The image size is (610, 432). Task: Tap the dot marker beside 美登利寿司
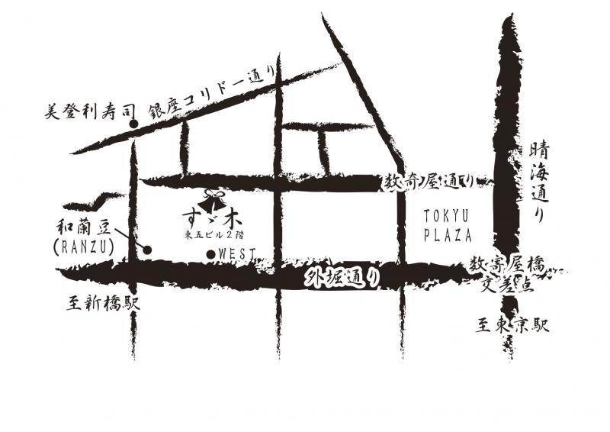point(134,124)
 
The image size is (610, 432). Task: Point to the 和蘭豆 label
point(85,227)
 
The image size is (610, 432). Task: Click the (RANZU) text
point(83,247)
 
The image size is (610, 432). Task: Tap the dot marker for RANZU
point(147,250)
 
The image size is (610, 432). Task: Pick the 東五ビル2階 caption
point(215,235)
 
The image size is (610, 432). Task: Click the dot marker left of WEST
point(211,254)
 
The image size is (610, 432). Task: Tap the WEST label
point(236,254)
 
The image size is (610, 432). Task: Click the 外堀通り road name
point(343,278)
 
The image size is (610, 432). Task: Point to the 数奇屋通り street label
point(429,182)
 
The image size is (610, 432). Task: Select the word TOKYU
point(447,215)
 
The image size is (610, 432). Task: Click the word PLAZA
point(448,235)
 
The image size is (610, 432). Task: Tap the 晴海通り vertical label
point(539,182)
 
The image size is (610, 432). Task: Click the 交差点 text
point(509,284)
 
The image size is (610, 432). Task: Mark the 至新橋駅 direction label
point(103,303)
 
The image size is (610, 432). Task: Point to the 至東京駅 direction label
point(512,325)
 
